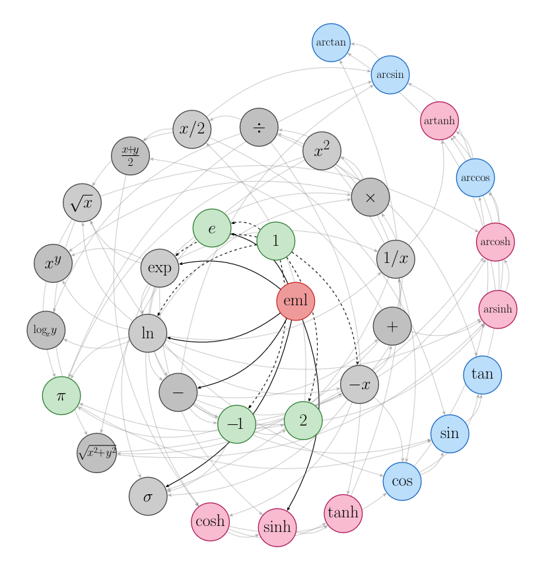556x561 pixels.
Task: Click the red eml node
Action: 295,301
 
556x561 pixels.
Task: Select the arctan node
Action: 331,42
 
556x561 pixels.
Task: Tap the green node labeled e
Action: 212,229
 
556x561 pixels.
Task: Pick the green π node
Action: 61,395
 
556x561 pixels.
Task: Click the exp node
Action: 160,268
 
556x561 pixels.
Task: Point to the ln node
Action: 148,333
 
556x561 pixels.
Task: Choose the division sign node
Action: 259,128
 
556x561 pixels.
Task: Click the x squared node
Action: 322,151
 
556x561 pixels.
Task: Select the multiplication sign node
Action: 370,197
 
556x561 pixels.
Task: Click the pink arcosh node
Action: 495,242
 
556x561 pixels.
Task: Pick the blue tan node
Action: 482,374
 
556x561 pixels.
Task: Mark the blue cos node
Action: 402,480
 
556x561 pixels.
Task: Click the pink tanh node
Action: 343,512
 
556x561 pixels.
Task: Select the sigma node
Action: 148,496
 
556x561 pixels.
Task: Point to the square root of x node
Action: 82,202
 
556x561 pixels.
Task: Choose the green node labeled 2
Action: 303,420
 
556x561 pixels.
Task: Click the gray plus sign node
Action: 392,326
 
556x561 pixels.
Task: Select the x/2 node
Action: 192,129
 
